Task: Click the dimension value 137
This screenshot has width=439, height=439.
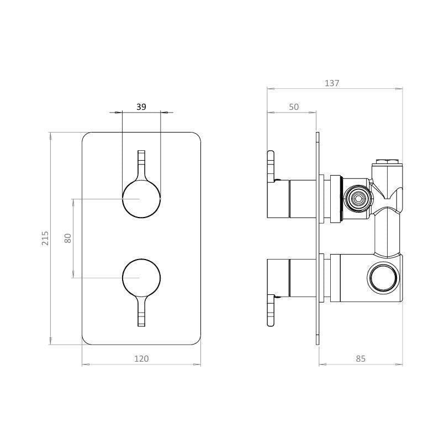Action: [x=331, y=83]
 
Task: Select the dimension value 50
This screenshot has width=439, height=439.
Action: [x=293, y=107]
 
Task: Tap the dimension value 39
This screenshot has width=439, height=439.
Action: [x=141, y=107]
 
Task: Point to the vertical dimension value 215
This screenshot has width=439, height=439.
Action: [x=46, y=238]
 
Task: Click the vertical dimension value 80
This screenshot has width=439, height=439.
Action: [x=68, y=238]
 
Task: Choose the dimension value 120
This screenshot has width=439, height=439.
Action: [x=141, y=358]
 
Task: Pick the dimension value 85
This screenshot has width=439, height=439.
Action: [x=360, y=358]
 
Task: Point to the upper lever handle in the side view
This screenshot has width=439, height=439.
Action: [x=271, y=166]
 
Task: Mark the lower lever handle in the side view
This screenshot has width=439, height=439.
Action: [x=271, y=310]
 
